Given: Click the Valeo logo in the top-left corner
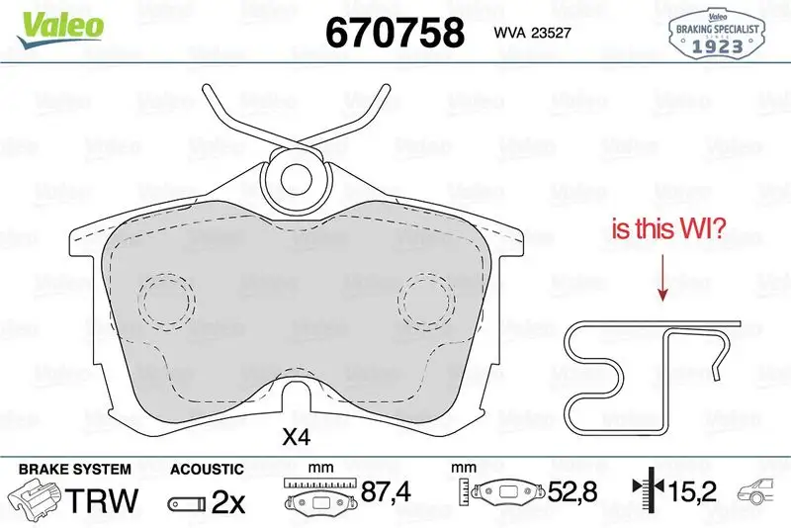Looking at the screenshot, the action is point(60,29).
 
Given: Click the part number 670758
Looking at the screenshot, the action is point(395,33).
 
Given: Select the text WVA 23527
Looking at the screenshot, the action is point(532,33).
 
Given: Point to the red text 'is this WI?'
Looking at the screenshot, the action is point(668,228).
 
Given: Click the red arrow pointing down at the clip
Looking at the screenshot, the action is point(662,278).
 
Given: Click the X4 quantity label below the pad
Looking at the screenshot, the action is point(296,437).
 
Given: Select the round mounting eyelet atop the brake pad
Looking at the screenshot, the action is point(296,179).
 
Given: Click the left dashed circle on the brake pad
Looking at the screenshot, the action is point(166,302).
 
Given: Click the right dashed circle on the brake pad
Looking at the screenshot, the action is point(426,302).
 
